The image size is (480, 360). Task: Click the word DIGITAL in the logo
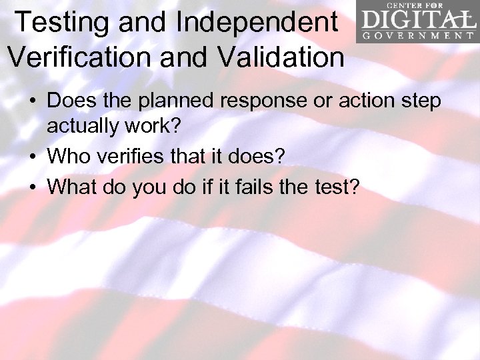(417, 18)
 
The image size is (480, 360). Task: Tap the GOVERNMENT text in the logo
(417, 35)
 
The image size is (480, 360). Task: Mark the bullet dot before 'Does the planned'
(32, 101)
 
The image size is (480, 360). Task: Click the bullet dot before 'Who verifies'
(32, 157)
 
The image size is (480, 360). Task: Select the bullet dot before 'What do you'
(32, 187)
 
